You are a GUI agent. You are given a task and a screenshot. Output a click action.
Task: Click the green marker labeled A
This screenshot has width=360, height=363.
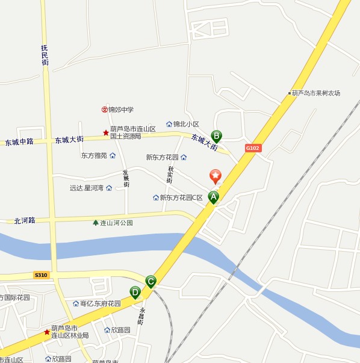(213, 197)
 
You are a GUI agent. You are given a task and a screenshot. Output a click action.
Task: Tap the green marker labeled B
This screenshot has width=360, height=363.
(217, 137)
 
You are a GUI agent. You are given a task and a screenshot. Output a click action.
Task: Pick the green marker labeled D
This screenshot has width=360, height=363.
(135, 293)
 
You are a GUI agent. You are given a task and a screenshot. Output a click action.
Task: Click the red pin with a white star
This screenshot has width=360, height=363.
(215, 176)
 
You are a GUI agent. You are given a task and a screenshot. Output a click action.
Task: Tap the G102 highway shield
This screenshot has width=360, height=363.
(253, 147)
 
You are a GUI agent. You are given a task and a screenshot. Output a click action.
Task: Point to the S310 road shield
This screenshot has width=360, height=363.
(41, 275)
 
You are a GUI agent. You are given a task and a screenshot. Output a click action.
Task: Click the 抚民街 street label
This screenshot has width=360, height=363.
(45, 54)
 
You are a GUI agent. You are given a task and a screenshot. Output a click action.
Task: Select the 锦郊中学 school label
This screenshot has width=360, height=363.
(120, 110)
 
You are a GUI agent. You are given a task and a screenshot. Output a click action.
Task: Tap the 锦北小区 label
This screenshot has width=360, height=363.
(185, 124)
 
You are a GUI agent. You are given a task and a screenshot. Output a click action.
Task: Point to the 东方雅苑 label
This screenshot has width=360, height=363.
(94, 155)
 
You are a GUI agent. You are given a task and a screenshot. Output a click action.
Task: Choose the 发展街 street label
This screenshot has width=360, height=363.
(126, 178)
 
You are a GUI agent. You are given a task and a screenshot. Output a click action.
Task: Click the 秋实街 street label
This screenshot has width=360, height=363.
(170, 175)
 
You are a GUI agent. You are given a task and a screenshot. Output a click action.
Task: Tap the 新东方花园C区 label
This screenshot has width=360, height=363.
(181, 197)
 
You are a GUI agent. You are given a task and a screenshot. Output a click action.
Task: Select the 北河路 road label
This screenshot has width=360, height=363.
(25, 221)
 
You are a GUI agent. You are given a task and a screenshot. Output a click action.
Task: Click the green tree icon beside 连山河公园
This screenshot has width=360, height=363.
(95, 223)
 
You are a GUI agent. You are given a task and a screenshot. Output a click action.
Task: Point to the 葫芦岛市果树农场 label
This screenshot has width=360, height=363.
(315, 93)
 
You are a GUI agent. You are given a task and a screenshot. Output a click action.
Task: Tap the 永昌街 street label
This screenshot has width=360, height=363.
(141, 317)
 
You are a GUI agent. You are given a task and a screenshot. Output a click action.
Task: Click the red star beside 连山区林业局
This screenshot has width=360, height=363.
(47, 332)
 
